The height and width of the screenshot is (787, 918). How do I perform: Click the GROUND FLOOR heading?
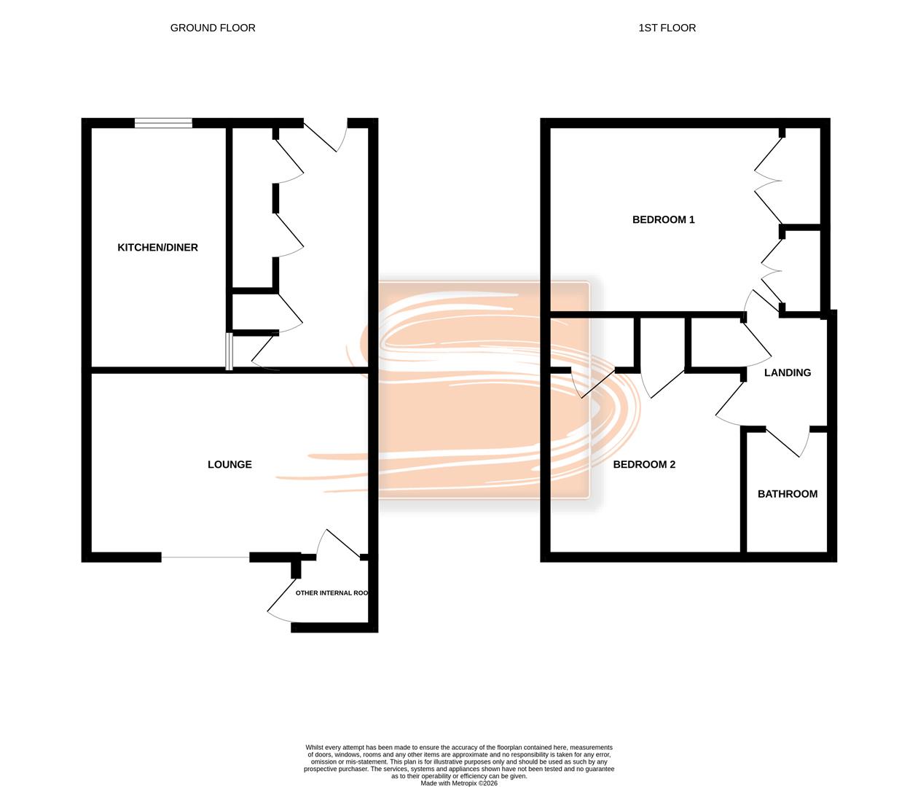pos(213,28)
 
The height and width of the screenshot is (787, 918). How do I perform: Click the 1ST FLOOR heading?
pos(667,28)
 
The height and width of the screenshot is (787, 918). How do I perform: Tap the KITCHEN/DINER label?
pos(157,248)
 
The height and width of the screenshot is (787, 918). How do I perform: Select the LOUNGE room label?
pos(229,464)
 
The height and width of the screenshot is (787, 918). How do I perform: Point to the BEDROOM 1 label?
pos(663,219)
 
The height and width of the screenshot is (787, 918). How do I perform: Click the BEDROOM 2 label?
pos(644,464)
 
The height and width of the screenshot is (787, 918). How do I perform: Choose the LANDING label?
pos(787,372)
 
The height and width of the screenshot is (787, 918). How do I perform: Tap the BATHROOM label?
pos(787,494)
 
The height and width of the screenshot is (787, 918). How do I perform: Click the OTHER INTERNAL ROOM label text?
pos(331,593)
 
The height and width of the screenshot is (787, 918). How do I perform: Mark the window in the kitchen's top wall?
pos(163,122)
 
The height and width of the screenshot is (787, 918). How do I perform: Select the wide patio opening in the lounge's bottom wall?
pos(205,557)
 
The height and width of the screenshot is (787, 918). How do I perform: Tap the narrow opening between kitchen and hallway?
pos(229,352)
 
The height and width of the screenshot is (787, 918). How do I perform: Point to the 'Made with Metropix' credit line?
pos(459,783)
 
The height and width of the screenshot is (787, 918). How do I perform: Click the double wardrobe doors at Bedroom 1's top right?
pos(768,179)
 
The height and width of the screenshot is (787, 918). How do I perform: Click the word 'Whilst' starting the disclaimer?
pos(315,748)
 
